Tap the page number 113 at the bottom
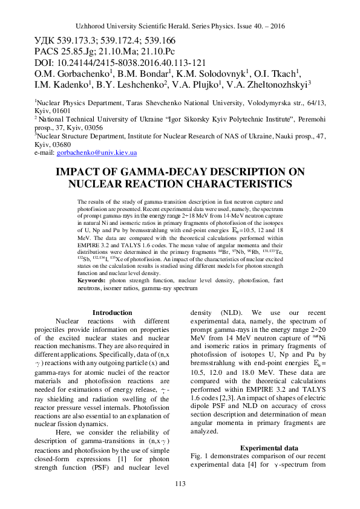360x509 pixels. (x=180, y=483)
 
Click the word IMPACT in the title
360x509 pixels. (x=80, y=172)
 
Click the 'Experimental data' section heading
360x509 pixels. (x=263, y=447)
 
